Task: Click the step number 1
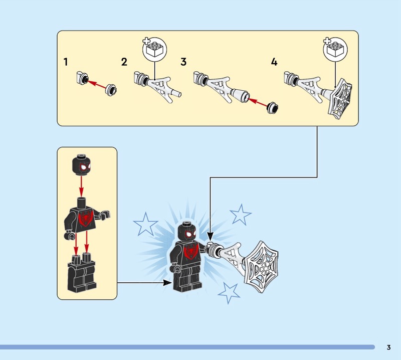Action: [66, 62]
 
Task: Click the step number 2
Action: [124, 62]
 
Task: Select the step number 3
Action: [183, 62]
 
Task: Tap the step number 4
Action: [274, 62]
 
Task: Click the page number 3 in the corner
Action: [389, 347]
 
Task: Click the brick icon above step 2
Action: [154, 49]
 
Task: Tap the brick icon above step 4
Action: [335, 49]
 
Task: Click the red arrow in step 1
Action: [97, 85]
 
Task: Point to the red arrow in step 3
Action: [258, 102]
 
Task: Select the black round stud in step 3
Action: [273, 108]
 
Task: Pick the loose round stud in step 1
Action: [111, 90]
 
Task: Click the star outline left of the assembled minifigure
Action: [145, 225]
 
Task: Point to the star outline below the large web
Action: [229, 292]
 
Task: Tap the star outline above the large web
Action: [241, 215]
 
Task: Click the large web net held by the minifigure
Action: [261, 266]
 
